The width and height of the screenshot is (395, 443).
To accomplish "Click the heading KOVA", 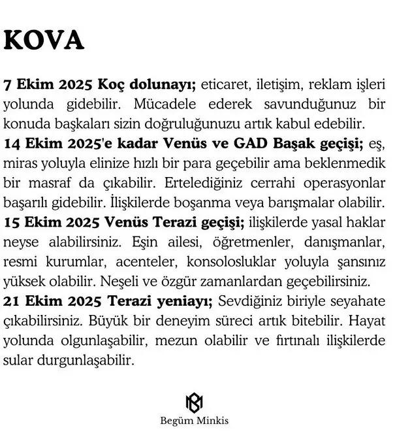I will click(44, 41).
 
